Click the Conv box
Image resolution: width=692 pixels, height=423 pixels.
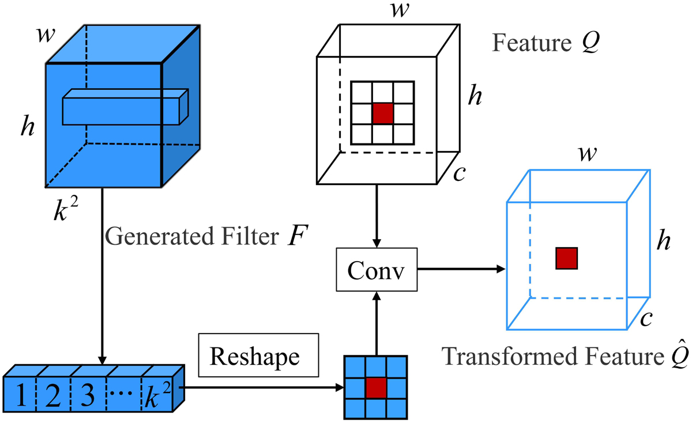(x=376, y=269)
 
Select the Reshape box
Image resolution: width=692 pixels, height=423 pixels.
(x=255, y=357)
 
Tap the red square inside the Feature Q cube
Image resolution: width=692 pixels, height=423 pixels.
(x=382, y=112)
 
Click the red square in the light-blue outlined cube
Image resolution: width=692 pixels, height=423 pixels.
(x=566, y=258)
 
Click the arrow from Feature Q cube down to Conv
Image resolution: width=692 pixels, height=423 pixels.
(x=376, y=217)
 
